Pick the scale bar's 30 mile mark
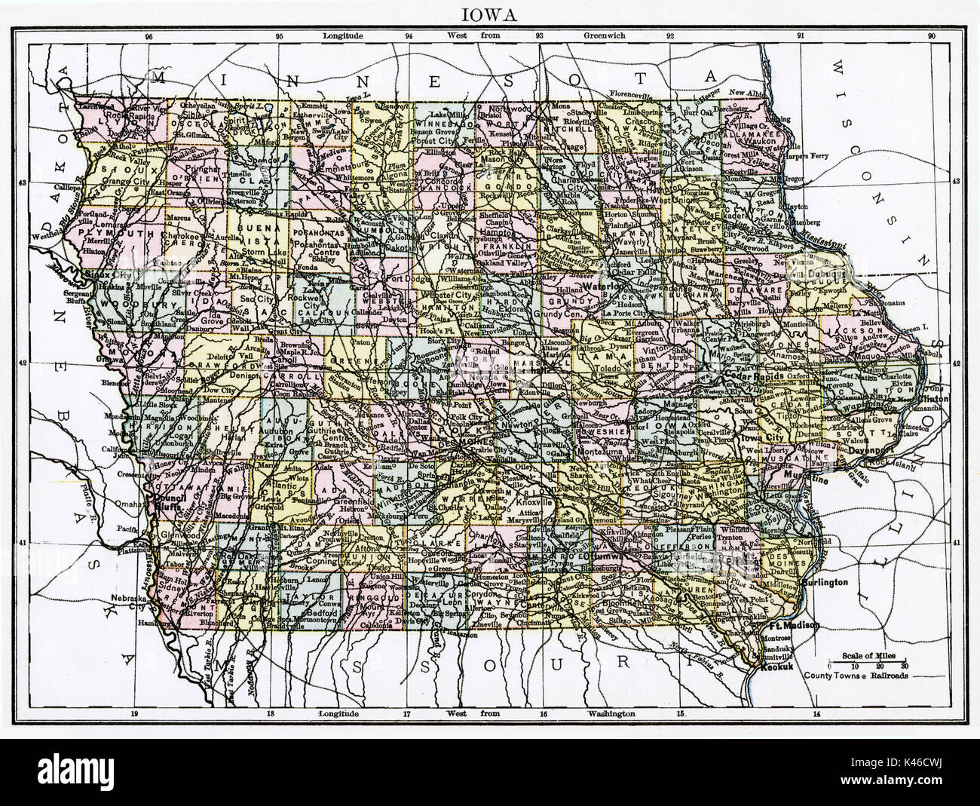tap(904, 667)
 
